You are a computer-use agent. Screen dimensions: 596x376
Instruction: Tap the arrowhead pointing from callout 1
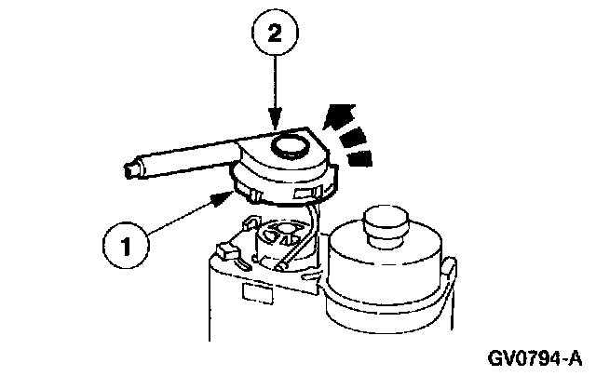pyautogui.click(x=221, y=196)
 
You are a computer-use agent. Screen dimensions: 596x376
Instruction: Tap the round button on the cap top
pyautogui.click(x=289, y=145)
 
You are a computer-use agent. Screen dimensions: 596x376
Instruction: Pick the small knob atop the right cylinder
pyautogui.click(x=386, y=222)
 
